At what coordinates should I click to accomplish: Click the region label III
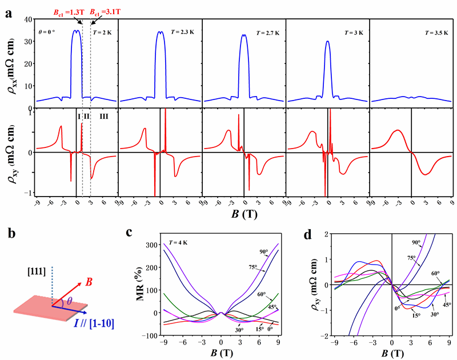(x=103, y=117)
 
